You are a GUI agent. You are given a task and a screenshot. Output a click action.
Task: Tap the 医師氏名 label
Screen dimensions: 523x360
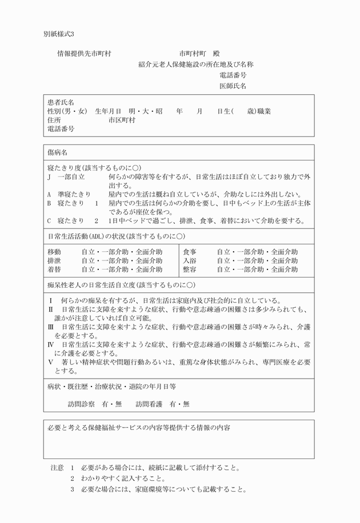(233, 86)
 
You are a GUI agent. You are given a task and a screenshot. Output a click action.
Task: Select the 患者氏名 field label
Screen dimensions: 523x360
(61, 102)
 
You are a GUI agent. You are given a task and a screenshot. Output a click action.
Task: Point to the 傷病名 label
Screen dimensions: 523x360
(57, 153)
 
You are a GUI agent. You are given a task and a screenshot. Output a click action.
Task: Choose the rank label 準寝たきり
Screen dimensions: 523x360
(73, 194)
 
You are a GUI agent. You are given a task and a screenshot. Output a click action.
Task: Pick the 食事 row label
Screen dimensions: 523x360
(190, 252)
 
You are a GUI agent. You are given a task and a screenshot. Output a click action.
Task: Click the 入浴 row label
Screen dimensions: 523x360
(190, 260)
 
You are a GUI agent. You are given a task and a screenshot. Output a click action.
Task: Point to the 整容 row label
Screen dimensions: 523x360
(190, 269)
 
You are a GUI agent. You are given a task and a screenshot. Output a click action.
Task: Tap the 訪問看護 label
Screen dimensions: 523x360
(150, 404)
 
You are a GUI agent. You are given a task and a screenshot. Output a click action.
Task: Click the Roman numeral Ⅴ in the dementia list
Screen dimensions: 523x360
(50, 362)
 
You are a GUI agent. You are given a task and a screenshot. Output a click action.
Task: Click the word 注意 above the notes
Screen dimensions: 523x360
(57, 467)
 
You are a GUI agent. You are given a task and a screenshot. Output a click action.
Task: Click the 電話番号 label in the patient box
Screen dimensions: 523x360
(61, 129)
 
